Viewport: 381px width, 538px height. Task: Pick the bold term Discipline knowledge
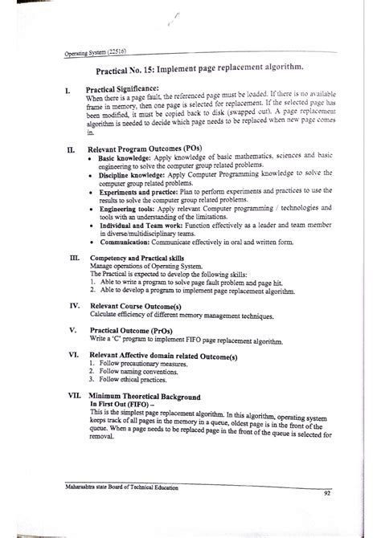click(132, 174)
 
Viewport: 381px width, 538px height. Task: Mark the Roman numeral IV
click(74, 306)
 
